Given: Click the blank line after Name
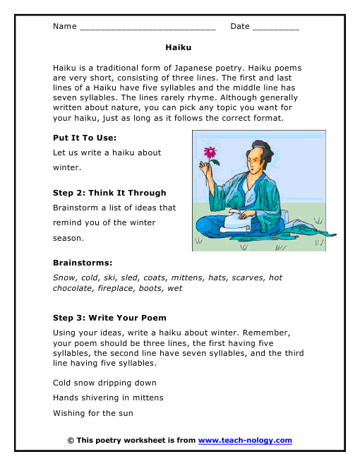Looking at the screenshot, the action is [148, 28].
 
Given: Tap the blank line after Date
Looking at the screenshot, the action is [275, 28].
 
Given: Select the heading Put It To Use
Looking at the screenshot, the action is [85, 137].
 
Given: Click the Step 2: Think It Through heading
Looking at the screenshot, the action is [109, 193].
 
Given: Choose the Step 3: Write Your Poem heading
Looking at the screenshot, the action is [109, 318].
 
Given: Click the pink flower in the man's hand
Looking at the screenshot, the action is [210, 151].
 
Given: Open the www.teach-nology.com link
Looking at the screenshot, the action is [245, 441].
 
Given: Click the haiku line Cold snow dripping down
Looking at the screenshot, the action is [104, 383].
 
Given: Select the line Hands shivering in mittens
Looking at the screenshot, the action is [108, 398].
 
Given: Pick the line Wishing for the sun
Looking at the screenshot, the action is [92, 413].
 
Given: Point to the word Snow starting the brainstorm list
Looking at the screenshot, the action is [64, 277].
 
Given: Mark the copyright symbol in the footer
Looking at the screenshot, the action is [71, 441].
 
